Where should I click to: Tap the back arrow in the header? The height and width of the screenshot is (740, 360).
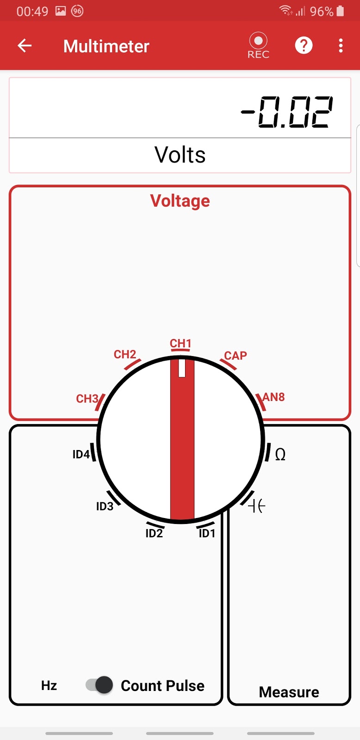(x=25, y=46)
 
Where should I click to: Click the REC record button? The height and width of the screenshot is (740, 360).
(x=258, y=45)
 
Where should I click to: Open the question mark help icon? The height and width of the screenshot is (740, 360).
(x=304, y=45)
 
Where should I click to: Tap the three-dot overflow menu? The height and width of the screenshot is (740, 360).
(x=341, y=45)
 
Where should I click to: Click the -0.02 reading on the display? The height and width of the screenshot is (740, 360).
(x=287, y=112)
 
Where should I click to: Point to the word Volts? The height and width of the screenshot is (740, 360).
(x=180, y=154)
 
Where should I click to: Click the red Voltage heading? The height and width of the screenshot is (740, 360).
(x=180, y=201)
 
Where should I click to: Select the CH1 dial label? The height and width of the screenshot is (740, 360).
(x=180, y=343)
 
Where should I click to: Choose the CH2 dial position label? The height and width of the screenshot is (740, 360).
(x=125, y=354)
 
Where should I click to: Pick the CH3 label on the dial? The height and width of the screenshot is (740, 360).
(x=87, y=399)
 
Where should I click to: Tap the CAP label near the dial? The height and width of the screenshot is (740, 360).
(x=236, y=355)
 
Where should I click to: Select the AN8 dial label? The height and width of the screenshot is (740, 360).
(x=273, y=397)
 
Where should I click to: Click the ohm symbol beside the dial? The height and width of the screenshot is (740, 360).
(x=280, y=455)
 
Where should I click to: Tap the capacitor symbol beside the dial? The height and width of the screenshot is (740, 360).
(x=257, y=506)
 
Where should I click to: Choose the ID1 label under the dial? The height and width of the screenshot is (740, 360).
(x=207, y=533)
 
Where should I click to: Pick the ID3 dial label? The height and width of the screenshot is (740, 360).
(x=105, y=506)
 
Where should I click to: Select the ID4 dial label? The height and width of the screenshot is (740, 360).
(x=81, y=454)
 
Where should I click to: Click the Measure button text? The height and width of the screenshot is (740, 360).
(x=289, y=692)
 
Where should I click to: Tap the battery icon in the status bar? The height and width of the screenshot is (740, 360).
(x=340, y=11)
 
